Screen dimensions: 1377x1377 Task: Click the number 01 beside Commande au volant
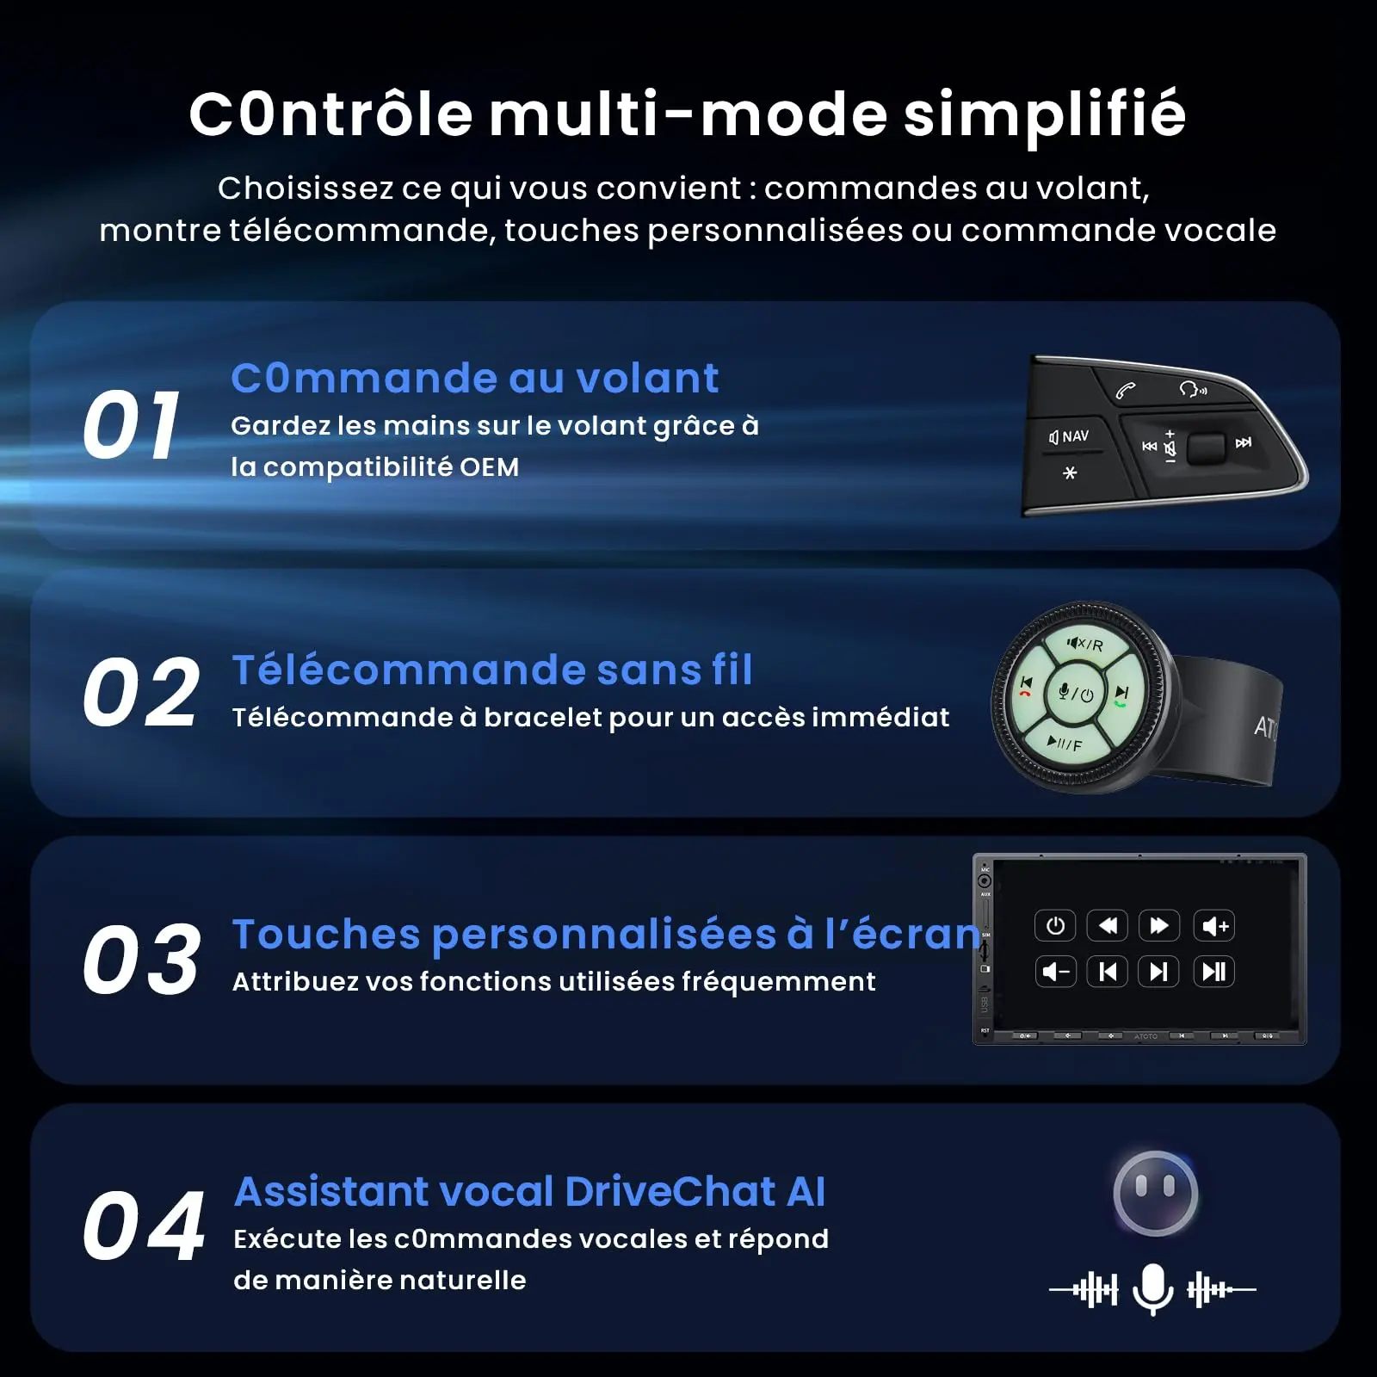132,424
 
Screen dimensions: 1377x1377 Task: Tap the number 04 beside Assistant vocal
144,1226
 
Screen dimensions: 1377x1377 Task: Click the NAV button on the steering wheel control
1069,437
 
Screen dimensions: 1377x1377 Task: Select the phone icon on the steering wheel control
1126,392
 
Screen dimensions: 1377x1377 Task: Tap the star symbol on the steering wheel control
1070,472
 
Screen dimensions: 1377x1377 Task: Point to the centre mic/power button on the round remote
1075,693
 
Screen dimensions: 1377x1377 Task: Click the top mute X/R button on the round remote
1085,644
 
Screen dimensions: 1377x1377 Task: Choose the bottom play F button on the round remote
1065,743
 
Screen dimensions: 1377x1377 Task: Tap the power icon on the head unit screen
1055,926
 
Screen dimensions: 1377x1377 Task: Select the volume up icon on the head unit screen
1214,926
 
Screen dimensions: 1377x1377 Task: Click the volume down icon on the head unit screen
1055,972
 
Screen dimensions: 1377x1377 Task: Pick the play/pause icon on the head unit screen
1214,972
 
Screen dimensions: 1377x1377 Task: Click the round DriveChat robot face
1155,1194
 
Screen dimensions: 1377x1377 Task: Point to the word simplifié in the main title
1045,115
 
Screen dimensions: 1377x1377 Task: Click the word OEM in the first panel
489,467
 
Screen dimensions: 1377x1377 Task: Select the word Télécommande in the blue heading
408,670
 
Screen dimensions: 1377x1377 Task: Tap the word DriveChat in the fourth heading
670,1192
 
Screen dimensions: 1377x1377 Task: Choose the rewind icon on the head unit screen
1108,926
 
